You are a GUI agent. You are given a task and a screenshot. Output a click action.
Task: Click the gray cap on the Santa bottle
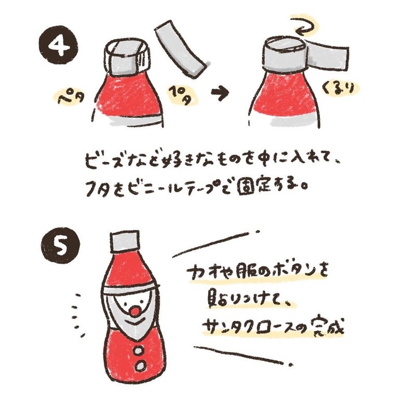tap(125, 240)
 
